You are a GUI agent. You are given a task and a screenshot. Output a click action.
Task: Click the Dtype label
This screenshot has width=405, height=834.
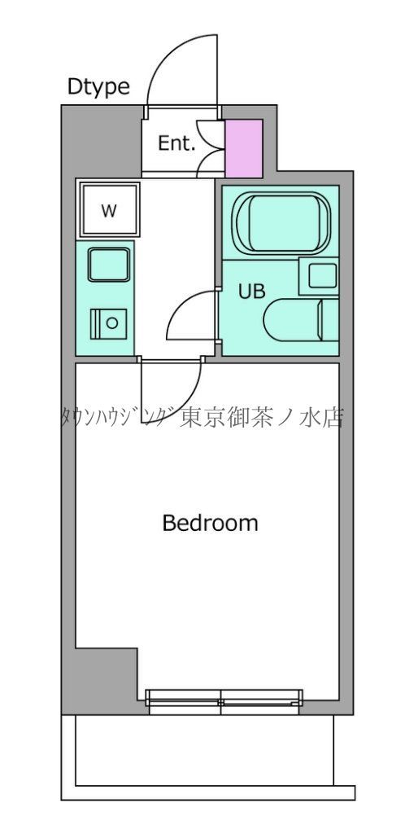tap(98, 87)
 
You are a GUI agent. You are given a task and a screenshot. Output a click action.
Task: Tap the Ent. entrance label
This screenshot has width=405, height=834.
tap(176, 144)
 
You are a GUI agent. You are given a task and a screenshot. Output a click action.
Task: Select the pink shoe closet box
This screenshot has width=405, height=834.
tap(244, 147)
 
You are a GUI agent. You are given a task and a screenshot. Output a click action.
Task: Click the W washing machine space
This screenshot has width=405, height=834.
tap(108, 210)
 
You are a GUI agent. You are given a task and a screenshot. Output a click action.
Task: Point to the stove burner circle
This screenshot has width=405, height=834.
tap(111, 323)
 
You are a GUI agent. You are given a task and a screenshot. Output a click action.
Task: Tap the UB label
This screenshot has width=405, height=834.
tap(251, 292)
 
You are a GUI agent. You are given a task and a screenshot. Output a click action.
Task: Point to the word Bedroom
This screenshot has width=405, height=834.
tap(210, 523)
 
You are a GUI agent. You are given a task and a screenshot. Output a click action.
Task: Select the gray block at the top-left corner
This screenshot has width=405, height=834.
tap(100, 138)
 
